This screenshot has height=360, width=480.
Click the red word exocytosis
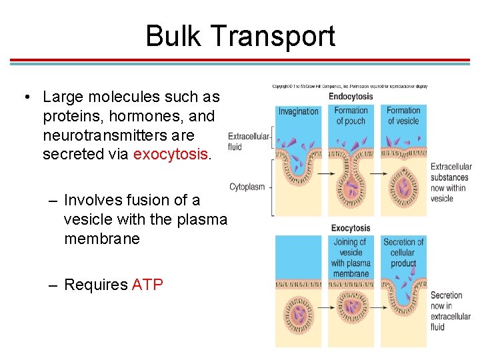tap(171, 155)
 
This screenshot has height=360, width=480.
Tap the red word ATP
tap(147, 285)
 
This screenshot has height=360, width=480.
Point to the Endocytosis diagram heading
tap(351, 96)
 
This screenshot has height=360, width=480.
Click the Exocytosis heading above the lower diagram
tap(351, 228)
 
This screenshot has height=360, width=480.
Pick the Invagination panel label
tap(298, 111)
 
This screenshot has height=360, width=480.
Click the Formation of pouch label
tap(351, 115)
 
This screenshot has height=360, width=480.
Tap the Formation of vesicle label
tap(403, 115)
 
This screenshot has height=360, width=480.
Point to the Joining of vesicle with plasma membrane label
tap(351, 258)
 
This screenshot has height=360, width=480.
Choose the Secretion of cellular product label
tap(403, 253)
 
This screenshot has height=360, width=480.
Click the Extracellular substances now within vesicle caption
tap(451, 182)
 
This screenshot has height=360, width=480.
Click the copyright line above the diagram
tap(350, 86)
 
